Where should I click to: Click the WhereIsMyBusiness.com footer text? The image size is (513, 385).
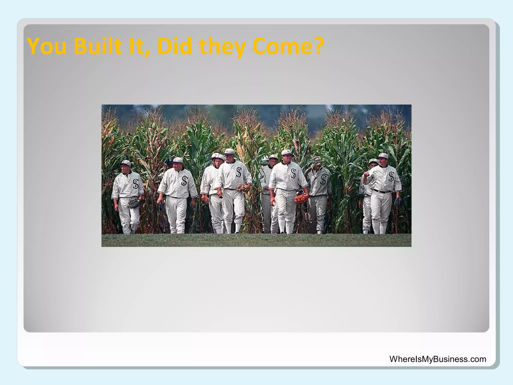click(x=438, y=359)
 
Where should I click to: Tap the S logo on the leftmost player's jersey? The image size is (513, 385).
click(x=136, y=184)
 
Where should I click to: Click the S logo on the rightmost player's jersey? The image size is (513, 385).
click(x=391, y=176)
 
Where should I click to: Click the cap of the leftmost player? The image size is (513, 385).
click(x=125, y=163)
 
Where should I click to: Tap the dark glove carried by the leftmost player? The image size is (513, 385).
click(x=135, y=203)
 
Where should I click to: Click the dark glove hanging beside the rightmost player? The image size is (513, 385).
click(x=398, y=201)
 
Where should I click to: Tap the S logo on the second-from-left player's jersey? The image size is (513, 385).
click(x=185, y=181)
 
